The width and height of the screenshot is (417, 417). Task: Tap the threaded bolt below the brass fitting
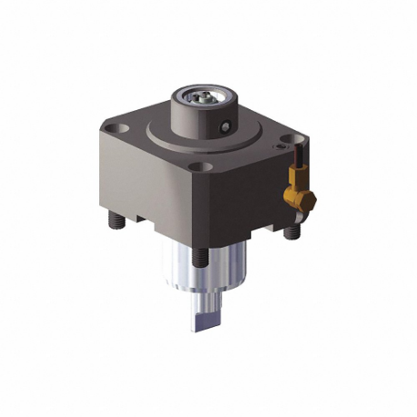click(291, 231)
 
